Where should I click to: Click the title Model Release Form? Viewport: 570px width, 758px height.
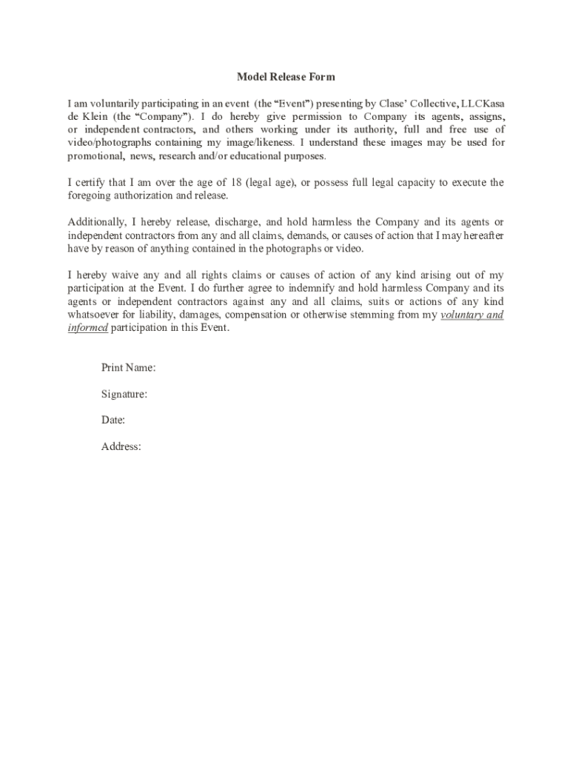click(286, 77)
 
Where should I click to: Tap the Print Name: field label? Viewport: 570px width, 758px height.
click(127, 368)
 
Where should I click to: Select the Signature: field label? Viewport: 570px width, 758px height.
click(124, 395)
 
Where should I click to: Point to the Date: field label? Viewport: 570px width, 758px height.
click(113, 420)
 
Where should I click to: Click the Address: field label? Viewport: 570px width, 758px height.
click(121, 446)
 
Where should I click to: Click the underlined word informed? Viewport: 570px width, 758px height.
click(88, 328)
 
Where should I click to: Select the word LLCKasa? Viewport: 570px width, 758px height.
click(483, 103)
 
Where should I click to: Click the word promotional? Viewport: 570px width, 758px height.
click(96, 156)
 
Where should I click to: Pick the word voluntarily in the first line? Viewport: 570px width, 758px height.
click(119, 103)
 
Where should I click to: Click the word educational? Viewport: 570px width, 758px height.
click(274, 156)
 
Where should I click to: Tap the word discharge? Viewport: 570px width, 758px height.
click(236, 222)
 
